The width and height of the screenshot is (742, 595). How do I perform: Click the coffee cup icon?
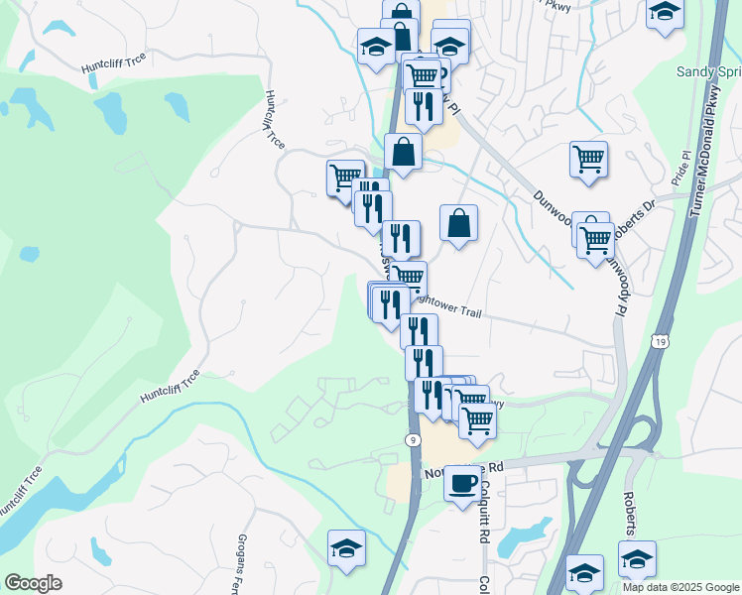pos(461,483)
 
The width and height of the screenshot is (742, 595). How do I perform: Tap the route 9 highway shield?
pos(411,438)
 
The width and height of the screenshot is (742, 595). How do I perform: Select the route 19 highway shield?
pos(659,341)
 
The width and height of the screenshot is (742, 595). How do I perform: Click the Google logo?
pos(33,583)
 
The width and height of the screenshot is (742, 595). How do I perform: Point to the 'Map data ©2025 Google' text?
pos(680,587)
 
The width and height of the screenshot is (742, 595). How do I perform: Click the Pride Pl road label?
pos(681,170)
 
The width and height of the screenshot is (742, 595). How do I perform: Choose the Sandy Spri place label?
pos(708,71)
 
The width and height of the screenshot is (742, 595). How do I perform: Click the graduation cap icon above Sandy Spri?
pos(665,14)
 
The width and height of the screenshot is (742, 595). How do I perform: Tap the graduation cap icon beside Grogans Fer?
pos(346,547)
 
